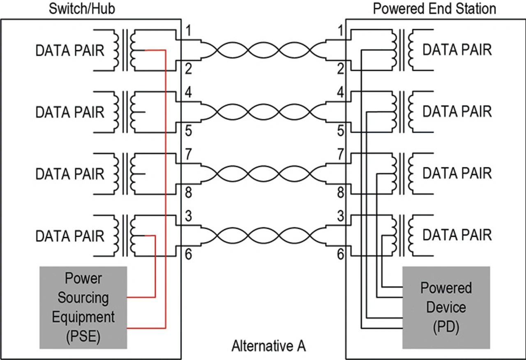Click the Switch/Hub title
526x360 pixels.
pyautogui.click(x=82, y=9)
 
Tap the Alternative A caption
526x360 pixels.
pyautogui.click(x=269, y=346)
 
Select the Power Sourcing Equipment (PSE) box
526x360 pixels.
pyautogui.click(x=84, y=307)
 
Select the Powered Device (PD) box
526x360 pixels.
pyautogui.click(x=446, y=307)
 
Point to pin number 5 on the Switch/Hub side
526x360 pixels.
pyautogui.click(x=189, y=131)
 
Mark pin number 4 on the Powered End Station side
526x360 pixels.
pyautogui.click(x=340, y=93)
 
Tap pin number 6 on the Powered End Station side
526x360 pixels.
pyautogui.click(x=340, y=255)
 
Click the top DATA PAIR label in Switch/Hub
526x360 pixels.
pyautogui.click(x=70, y=51)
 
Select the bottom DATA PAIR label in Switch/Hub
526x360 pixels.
pyautogui.click(x=70, y=236)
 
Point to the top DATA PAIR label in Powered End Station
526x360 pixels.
pyautogui.click(x=457, y=50)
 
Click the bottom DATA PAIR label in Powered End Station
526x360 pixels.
pyautogui.click(x=457, y=235)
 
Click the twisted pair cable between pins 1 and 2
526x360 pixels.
pyautogui.click(x=263, y=51)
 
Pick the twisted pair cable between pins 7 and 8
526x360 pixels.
pyautogui.click(x=263, y=174)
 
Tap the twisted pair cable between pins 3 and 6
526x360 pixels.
pyautogui.click(x=263, y=236)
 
